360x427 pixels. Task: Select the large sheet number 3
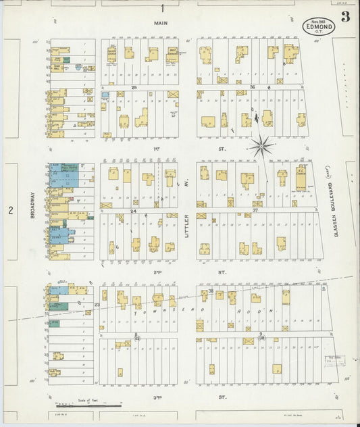coord(344,18)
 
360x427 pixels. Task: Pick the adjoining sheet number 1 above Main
coord(163,8)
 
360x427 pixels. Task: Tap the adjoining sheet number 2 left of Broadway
coord(11,211)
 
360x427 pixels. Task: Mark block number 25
coord(134,87)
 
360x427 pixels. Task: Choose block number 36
coord(251,87)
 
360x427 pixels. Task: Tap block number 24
coord(134,211)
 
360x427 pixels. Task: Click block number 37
coord(256,211)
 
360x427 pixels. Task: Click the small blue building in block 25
coord(105,95)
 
